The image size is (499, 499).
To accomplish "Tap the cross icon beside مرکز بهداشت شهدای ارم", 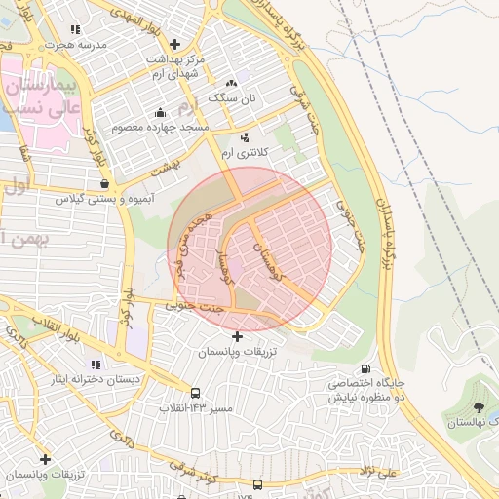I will (x=174, y=44).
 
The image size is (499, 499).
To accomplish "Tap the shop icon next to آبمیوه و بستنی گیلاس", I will (x=104, y=182).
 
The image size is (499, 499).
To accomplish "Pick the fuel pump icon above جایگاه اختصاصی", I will (x=365, y=369).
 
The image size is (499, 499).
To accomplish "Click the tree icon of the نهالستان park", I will (x=478, y=406).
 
